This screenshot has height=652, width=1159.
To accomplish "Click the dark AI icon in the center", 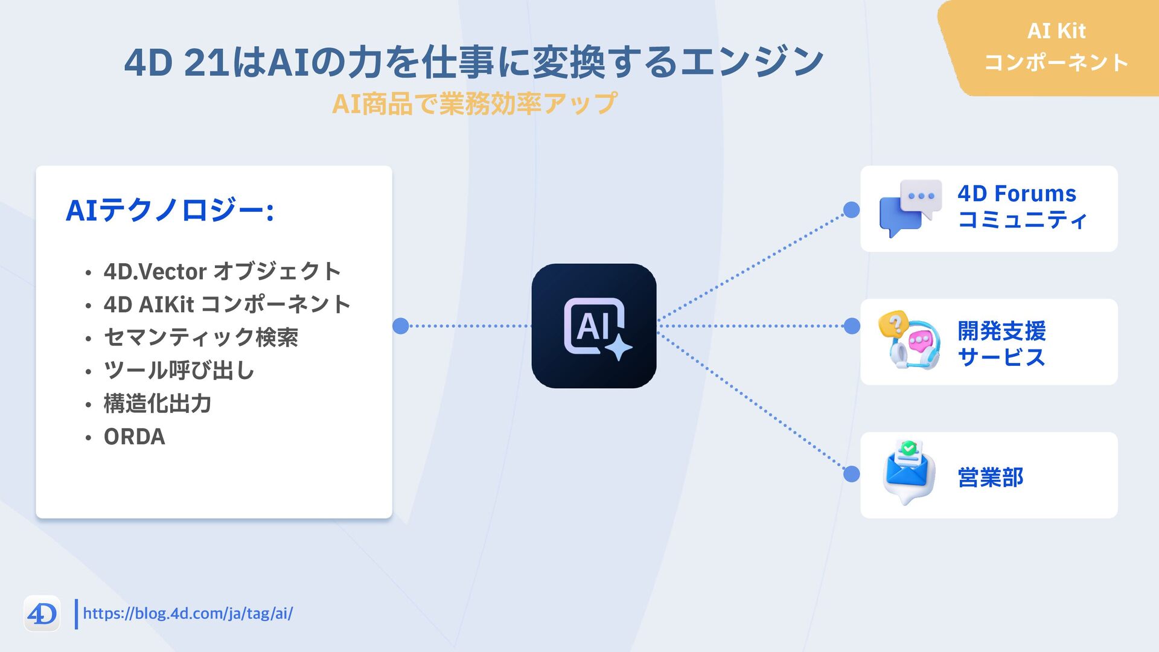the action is coord(593,326).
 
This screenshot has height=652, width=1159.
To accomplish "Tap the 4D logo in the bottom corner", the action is coord(42,614).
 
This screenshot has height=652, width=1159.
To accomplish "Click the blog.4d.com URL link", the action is coord(188,613).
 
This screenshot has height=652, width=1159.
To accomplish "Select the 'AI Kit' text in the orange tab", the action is coord(1056,31).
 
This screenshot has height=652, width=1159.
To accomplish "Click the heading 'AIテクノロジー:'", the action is coord(170,211).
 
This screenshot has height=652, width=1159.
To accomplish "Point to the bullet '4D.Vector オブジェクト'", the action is coord(222,272).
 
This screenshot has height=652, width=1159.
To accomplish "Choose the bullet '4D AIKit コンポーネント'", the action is coord(226,304).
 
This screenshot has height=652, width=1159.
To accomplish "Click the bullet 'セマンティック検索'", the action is coord(200,337).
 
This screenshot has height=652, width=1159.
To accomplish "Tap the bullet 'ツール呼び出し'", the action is coord(179,370).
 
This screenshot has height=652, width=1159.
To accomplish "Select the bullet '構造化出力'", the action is coord(157,403).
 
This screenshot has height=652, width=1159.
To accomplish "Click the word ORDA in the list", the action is coord(134,436).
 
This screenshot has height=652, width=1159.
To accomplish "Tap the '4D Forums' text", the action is coord(1017,194).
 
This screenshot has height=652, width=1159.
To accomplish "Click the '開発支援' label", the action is coord(1001,331).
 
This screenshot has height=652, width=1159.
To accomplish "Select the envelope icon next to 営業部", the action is coord(908,473).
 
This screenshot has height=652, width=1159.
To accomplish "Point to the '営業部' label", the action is coord(990,477).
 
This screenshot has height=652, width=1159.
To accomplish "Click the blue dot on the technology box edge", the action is coord(400,326).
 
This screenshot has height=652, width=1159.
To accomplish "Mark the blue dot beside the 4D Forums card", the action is coord(851,209).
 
